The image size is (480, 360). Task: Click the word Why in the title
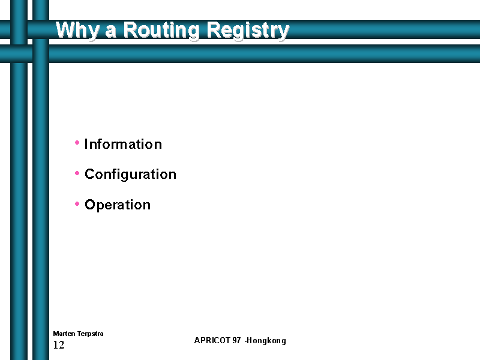point(78,31)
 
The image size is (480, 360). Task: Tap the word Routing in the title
point(161,31)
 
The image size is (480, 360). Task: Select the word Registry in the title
point(248,31)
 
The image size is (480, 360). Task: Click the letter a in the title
point(111,32)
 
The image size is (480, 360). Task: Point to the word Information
point(123,144)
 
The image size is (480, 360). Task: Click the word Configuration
point(130,175)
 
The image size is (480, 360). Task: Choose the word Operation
point(118,205)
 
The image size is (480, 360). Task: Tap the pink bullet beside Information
point(77,142)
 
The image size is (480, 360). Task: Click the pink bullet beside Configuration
point(77,173)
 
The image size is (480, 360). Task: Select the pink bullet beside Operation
point(77,203)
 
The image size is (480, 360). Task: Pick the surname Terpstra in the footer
point(91,334)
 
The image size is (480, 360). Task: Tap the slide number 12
point(59,345)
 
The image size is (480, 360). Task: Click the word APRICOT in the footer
point(212,340)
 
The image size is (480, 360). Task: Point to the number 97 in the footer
point(236,340)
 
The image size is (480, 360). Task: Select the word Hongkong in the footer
point(266,341)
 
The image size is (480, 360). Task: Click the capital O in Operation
point(90,205)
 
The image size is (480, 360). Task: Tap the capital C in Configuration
point(89,174)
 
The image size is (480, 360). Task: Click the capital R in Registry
point(215,30)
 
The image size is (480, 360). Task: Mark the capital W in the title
point(66,30)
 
